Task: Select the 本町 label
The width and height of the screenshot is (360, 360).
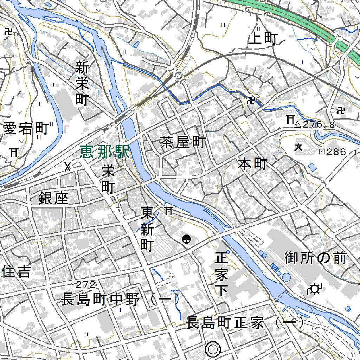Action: (252, 164)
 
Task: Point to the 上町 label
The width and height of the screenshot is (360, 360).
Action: (263, 39)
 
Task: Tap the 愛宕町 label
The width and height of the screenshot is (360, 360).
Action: (25, 129)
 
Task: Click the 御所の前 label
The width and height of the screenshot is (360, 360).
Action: (315, 258)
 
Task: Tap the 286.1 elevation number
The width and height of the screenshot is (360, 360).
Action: (341, 152)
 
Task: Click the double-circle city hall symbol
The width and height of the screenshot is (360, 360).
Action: (213, 349)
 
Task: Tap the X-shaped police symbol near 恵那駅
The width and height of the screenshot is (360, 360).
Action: (67, 167)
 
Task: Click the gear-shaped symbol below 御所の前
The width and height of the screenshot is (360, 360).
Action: (314, 289)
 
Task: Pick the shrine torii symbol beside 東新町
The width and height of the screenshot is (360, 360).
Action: (169, 211)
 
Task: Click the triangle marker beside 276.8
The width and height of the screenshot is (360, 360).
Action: (297, 124)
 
